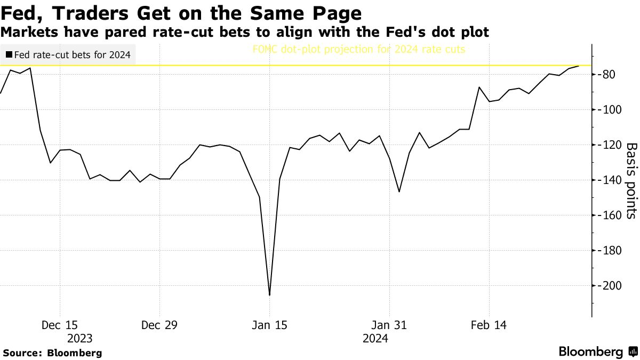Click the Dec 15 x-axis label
(x=60, y=325)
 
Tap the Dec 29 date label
(x=159, y=325)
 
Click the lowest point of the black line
(x=269, y=295)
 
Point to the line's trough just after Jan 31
(x=399, y=192)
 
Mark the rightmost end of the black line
(x=579, y=66)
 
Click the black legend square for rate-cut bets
(x=9, y=54)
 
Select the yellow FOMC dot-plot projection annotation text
(x=359, y=50)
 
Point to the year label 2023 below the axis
(x=79, y=338)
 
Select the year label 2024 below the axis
(x=375, y=338)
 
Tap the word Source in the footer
(x=22, y=353)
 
